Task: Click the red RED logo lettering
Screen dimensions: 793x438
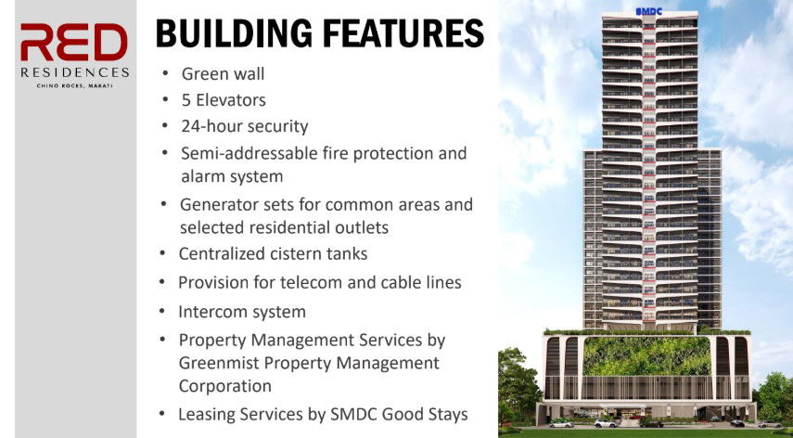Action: tap(74, 42)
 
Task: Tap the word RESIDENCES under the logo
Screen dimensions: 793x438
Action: tap(75, 72)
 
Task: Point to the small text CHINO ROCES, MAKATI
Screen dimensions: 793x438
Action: tap(74, 86)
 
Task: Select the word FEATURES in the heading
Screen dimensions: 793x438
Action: tap(403, 33)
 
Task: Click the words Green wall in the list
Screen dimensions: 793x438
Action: tap(223, 74)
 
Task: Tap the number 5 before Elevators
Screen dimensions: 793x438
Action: tap(186, 100)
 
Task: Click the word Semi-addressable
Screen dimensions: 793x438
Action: tap(249, 152)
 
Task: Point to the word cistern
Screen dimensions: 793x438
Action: tap(299, 253)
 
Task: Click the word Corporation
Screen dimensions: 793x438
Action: tap(224, 386)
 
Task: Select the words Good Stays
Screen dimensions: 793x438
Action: tap(424, 414)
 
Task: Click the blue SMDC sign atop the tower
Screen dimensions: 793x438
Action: tap(649, 12)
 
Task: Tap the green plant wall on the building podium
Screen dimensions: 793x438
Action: tap(646, 355)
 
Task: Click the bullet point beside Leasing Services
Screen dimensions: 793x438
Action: tap(161, 414)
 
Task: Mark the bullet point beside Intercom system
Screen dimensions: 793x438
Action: tap(161, 311)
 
